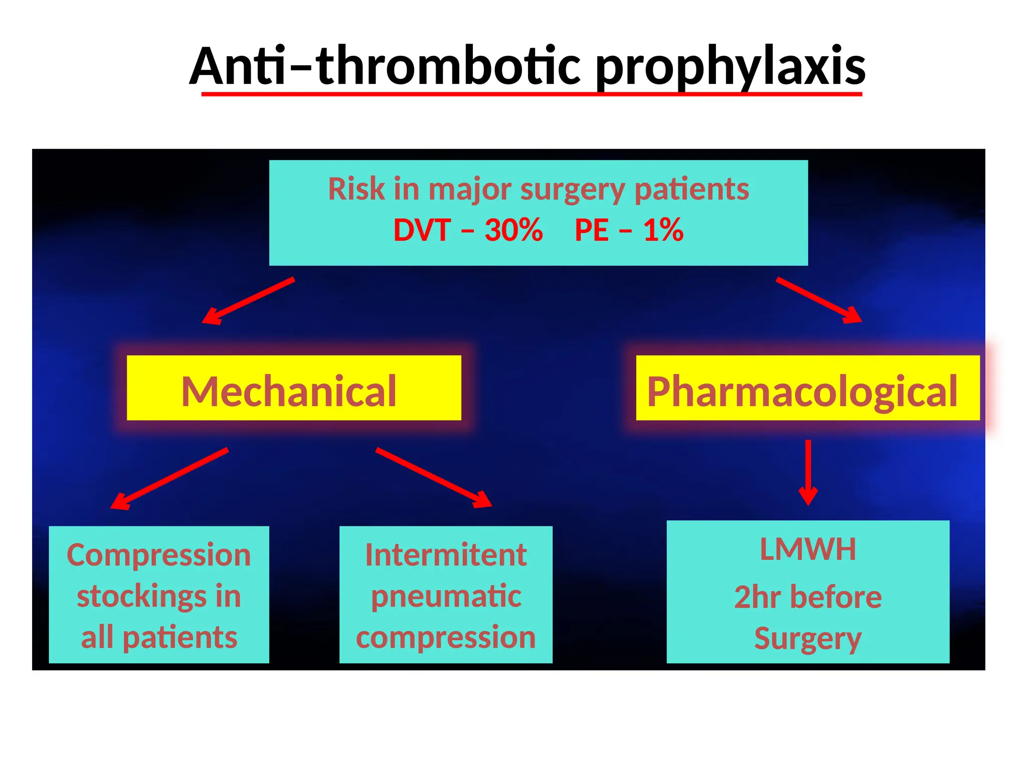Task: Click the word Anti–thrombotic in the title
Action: point(385,67)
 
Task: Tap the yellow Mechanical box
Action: point(293,388)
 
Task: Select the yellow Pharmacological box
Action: point(807,388)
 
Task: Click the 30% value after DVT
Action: point(513,230)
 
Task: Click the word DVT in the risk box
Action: point(422,230)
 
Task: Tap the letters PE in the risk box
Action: point(591,230)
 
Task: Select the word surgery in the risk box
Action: point(572,190)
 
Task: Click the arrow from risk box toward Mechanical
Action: point(248,301)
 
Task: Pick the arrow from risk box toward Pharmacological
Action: point(819,300)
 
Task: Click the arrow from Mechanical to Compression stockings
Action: point(170,478)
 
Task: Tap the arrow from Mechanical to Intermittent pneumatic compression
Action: point(434,477)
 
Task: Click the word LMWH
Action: point(807,549)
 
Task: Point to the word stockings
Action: point(141,597)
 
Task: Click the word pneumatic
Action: point(446,597)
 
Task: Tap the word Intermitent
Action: point(446,555)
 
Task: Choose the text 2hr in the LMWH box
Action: point(757,597)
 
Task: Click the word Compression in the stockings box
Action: point(159,555)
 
